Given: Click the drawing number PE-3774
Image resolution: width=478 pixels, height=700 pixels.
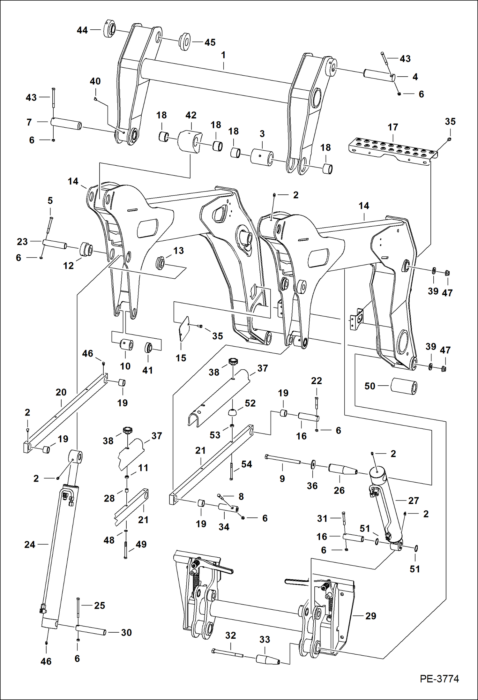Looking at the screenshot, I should click(439, 679).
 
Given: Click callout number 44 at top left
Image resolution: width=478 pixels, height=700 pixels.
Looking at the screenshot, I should click(82, 30).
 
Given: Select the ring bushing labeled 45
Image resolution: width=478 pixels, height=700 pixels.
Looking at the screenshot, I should click(185, 41).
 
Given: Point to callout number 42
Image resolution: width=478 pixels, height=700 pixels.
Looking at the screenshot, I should click(191, 115).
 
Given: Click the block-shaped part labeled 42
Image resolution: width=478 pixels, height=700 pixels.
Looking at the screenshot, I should click(190, 141).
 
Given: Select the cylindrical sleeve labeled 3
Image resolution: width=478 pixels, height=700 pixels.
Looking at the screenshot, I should click(262, 157).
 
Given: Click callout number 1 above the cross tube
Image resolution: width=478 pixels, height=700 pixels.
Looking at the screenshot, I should click(223, 55).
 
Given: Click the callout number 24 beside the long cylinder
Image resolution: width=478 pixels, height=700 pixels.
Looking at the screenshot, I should click(30, 544).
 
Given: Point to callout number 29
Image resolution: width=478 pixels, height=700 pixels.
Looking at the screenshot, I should click(370, 616).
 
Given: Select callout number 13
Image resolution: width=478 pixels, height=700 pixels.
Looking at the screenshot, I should click(178, 251).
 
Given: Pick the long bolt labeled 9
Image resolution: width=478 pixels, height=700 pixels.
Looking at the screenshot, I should click(282, 459).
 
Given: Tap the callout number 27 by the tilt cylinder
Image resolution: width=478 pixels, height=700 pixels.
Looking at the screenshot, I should click(413, 500).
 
